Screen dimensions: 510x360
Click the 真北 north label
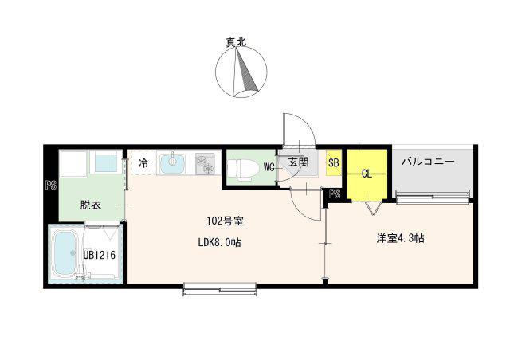(237, 42)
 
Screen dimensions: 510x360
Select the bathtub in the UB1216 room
(65, 253)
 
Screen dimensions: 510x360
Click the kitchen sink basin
(172, 162)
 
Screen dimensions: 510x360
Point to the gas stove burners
(205, 164)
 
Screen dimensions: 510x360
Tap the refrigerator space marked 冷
(143, 163)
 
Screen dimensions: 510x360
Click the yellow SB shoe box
(334, 163)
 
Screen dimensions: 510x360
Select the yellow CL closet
(367, 175)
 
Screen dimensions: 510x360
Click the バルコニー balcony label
(428, 162)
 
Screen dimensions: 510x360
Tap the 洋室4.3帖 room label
(400, 238)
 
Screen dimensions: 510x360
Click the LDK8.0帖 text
(220, 242)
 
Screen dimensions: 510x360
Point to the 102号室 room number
(225, 221)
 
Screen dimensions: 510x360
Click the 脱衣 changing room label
(91, 205)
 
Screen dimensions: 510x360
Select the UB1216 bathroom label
(99, 255)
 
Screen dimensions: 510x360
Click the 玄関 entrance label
(299, 162)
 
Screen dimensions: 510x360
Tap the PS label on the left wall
(51, 185)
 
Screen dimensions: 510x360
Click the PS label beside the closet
(335, 194)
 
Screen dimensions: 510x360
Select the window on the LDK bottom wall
(220, 289)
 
